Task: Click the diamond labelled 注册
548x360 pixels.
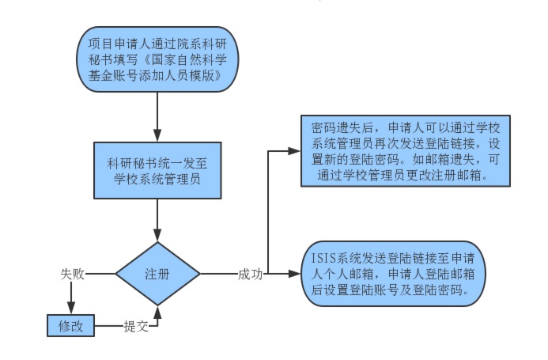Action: [157, 274]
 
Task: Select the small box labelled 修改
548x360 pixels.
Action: [70, 325]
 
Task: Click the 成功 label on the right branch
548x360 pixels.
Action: [250, 274]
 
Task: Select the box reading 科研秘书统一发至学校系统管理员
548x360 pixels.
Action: [158, 171]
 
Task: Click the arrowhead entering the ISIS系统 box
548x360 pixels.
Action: [297, 274]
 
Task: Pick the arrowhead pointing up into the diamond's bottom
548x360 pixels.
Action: [158, 310]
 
